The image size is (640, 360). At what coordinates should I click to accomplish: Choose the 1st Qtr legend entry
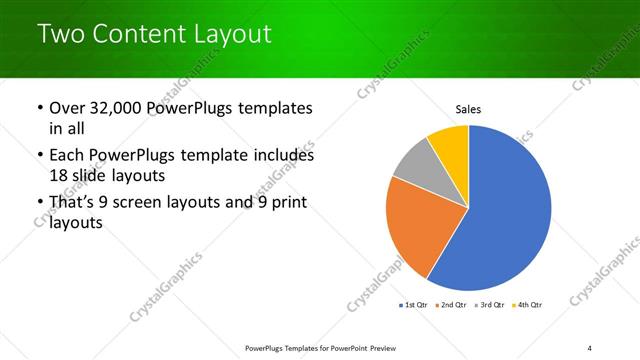413,303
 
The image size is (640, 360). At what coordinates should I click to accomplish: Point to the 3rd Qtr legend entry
489,303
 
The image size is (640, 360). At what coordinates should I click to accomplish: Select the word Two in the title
60,34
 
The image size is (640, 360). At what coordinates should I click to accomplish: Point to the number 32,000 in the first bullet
116,107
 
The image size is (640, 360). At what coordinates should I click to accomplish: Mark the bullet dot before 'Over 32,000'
39,108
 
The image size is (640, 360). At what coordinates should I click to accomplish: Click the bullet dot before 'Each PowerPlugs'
39,156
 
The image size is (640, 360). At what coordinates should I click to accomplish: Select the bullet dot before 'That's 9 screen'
39,205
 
